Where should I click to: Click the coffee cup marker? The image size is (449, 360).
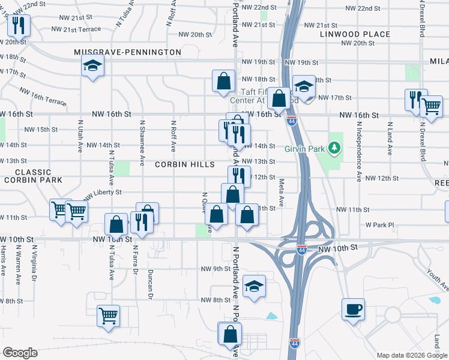click(x=354, y=310)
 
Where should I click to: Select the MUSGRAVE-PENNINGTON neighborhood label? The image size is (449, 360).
click(x=127, y=52)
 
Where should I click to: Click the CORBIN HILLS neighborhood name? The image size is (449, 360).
click(x=184, y=164)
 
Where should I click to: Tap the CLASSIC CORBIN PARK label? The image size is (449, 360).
click(x=29, y=176)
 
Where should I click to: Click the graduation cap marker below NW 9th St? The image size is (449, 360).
click(x=255, y=286)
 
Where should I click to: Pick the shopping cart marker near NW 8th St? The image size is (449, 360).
click(x=108, y=315)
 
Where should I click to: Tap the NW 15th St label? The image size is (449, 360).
click(x=41, y=129)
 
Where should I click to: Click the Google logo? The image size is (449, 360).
click(x=20, y=353)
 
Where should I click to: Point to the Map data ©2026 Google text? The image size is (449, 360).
click(x=411, y=355)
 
